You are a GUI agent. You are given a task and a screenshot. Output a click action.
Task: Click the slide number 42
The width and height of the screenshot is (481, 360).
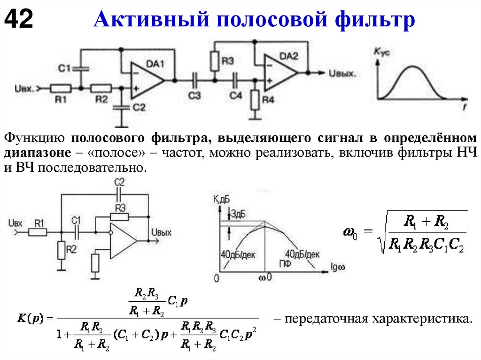(19, 19)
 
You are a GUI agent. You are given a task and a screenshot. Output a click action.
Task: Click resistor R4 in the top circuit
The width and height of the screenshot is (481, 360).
(255, 100)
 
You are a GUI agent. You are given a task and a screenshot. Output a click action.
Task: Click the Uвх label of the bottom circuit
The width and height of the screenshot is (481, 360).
(16, 223)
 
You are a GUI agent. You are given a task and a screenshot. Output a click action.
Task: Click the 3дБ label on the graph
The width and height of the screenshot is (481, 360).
(237, 214)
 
